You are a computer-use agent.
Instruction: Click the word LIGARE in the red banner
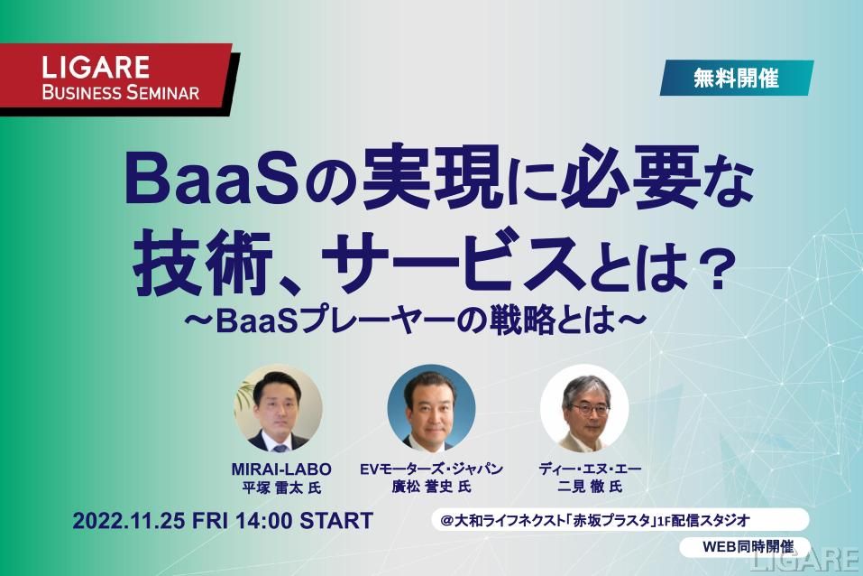point(96,67)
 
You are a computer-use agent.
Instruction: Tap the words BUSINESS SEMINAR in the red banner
point(121,92)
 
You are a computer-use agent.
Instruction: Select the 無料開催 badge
point(737,78)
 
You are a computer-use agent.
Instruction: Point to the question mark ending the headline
point(718,269)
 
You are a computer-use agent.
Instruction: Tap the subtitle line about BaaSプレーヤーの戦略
point(415,321)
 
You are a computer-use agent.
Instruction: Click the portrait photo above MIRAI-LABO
point(279,408)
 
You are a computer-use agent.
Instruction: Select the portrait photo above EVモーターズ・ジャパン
point(431,408)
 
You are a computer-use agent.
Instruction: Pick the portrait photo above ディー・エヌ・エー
point(584,408)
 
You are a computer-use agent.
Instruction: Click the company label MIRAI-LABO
point(281,469)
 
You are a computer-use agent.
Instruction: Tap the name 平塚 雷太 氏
point(281,488)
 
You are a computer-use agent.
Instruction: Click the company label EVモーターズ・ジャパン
point(431,469)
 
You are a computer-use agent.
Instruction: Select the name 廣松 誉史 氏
point(431,487)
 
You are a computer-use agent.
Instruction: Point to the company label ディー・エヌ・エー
point(590,469)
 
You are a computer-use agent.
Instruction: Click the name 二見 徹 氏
point(590,487)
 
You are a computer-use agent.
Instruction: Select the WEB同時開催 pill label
point(748,547)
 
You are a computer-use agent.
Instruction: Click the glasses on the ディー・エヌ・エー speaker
point(590,409)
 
